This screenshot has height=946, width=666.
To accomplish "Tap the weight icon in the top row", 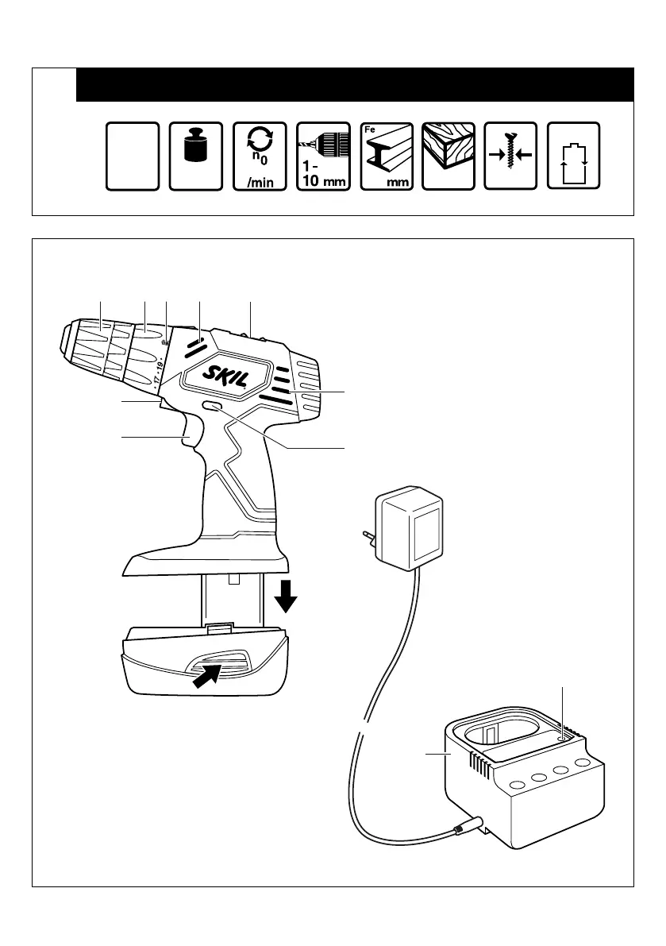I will pyautogui.click(x=196, y=156).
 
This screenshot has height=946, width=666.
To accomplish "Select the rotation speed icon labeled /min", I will pyautogui.click(x=260, y=156).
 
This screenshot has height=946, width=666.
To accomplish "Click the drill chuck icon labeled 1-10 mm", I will pyautogui.click(x=323, y=156).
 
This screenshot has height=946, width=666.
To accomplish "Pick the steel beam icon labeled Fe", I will pyautogui.click(x=387, y=156).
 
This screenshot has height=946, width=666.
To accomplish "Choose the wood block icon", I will pyautogui.click(x=448, y=156).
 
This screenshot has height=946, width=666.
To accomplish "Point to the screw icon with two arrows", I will pyautogui.click(x=510, y=156).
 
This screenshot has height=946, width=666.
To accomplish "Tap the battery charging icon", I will pyautogui.click(x=574, y=156).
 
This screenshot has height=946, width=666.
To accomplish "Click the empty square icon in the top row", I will pyautogui.click(x=133, y=156).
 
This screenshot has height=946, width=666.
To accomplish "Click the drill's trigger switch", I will pyautogui.click(x=191, y=434).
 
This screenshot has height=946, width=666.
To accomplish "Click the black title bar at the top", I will pyautogui.click(x=355, y=85).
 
